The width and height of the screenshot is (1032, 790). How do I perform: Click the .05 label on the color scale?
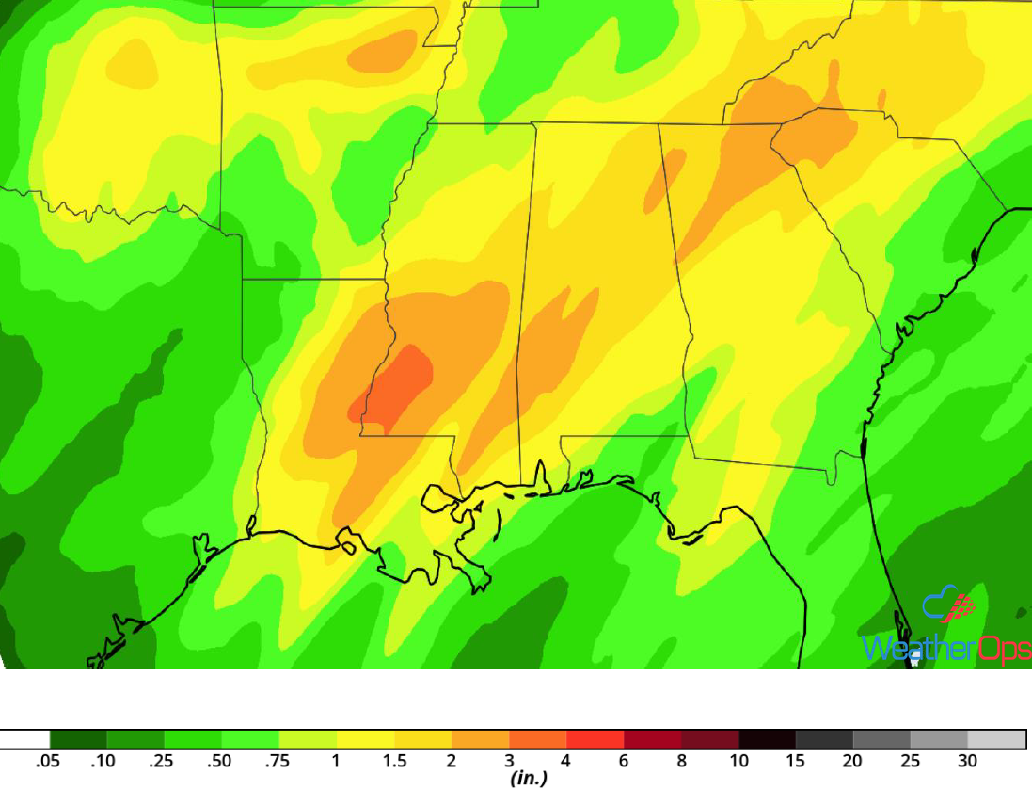(x=48, y=761)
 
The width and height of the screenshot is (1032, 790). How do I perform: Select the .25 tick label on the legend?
(x=163, y=761)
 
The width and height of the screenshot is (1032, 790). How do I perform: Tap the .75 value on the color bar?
(x=278, y=761)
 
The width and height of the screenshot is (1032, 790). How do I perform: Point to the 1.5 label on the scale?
(x=393, y=761)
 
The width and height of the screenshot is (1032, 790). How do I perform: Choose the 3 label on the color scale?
(x=509, y=761)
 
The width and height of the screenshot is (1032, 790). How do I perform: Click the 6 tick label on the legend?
(x=624, y=761)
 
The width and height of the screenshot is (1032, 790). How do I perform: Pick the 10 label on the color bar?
(x=738, y=761)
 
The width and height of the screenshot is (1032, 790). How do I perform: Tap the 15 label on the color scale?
(x=796, y=761)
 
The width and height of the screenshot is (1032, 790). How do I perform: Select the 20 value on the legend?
(x=853, y=761)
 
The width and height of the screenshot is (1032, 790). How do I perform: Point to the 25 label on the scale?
(x=911, y=761)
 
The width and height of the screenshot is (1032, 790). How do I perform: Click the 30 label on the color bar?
(x=968, y=761)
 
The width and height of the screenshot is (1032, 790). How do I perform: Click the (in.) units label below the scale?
(x=528, y=779)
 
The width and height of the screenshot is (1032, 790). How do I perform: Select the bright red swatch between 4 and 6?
(x=595, y=739)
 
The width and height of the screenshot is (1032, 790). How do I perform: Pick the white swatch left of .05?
(x=24, y=739)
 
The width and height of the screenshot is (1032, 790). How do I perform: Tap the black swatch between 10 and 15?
(x=768, y=739)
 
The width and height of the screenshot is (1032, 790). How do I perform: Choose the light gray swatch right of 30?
(x=996, y=739)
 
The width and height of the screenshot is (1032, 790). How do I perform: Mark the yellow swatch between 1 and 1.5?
(x=365, y=739)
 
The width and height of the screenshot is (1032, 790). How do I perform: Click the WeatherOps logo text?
(x=945, y=649)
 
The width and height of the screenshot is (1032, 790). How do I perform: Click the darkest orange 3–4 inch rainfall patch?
(x=395, y=386)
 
